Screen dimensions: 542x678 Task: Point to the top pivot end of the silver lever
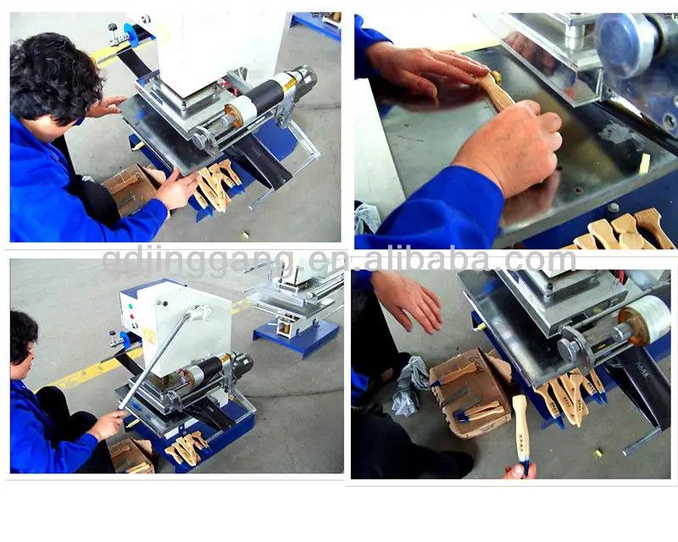point(197,314)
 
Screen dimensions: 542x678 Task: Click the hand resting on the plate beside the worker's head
point(108,106)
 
